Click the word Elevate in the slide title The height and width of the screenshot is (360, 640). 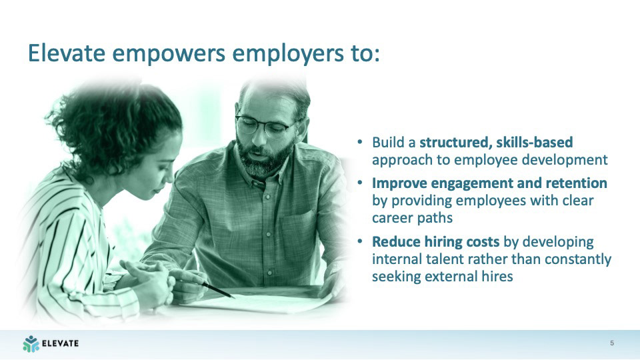coord(67,53)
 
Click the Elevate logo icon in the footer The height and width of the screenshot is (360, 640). coord(31,344)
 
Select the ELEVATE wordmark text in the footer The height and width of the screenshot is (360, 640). coord(61,343)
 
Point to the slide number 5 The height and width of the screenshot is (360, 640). coord(612,343)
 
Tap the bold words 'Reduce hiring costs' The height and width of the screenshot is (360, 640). coord(435,241)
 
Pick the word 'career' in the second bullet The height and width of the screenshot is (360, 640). coord(390,218)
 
